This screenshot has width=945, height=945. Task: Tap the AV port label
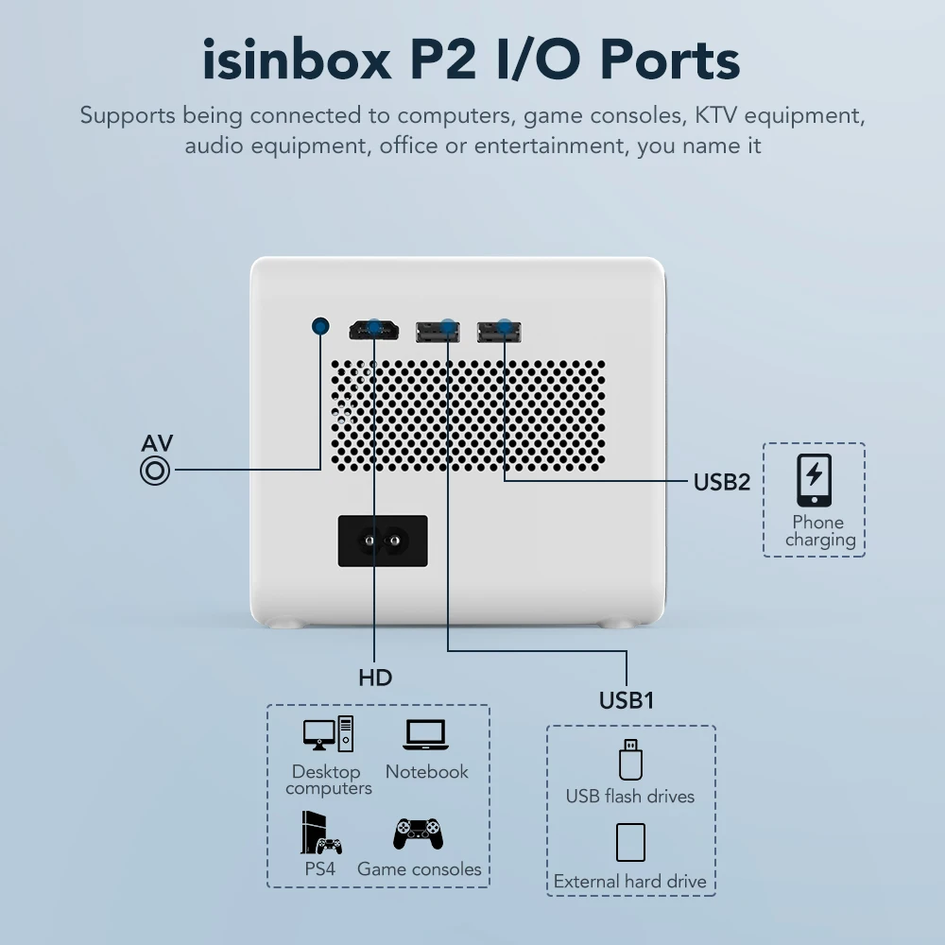click(x=157, y=443)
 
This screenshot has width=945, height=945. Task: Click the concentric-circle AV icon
click(x=155, y=472)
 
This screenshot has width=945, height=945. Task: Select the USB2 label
click(x=721, y=482)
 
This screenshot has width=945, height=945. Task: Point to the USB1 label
click(x=627, y=700)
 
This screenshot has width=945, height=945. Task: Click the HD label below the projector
click(x=375, y=678)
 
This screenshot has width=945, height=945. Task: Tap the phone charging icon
click(x=815, y=480)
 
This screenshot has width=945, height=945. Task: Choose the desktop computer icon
click(x=329, y=733)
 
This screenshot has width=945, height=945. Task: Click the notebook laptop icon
click(x=426, y=734)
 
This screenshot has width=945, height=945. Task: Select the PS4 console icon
click(x=321, y=833)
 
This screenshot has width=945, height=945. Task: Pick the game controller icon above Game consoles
click(x=419, y=834)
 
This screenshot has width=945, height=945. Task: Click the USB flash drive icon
click(x=630, y=760)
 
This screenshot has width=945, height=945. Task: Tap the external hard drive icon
click(x=630, y=843)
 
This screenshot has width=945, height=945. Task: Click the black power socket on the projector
click(x=383, y=541)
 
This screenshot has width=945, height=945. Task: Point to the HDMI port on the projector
click(x=373, y=331)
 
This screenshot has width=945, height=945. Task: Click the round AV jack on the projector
click(x=320, y=327)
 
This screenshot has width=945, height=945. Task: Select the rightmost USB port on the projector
click(x=499, y=332)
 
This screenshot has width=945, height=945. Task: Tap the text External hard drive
click(x=629, y=881)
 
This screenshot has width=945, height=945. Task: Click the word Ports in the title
click(x=670, y=60)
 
